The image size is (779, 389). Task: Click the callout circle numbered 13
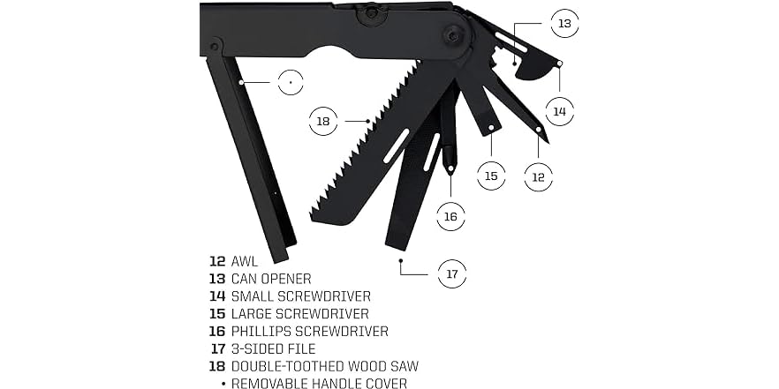[x=564, y=25]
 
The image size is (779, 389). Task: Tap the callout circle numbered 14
[x=559, y=112]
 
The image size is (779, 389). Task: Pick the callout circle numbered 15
[x=491, y=176]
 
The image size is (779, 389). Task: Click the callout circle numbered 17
[x=451, y=274]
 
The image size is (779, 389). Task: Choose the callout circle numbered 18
[x=324, y=120]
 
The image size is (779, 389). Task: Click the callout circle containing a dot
[x=289, y=83]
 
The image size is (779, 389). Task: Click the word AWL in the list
[x=244, y=261]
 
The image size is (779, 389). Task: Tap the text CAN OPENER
[x=270, y=279]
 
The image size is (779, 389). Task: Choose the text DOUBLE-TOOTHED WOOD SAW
[x=325, y=367]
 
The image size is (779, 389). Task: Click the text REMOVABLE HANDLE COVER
[x=320, y=384]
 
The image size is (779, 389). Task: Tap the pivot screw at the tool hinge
[x=455, y=35]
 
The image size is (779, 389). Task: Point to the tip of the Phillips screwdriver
[x=451, y=170]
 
